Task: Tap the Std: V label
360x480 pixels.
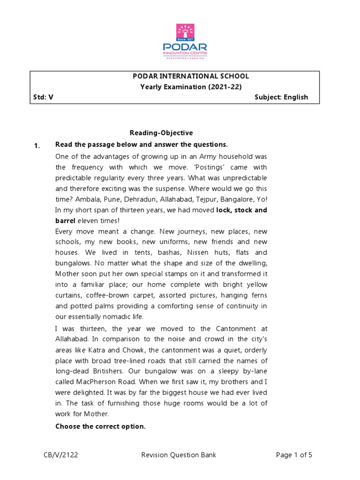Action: pos(44,97)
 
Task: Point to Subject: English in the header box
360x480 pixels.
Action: pos(281,97)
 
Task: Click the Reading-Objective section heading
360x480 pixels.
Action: pos(161,133)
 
